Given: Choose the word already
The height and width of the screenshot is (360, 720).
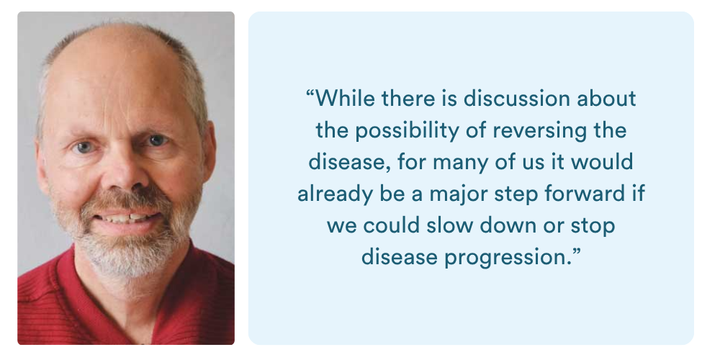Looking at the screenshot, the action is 335,194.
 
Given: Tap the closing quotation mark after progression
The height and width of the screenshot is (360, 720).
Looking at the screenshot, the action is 576,251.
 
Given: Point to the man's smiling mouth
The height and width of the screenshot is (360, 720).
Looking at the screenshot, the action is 127,217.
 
